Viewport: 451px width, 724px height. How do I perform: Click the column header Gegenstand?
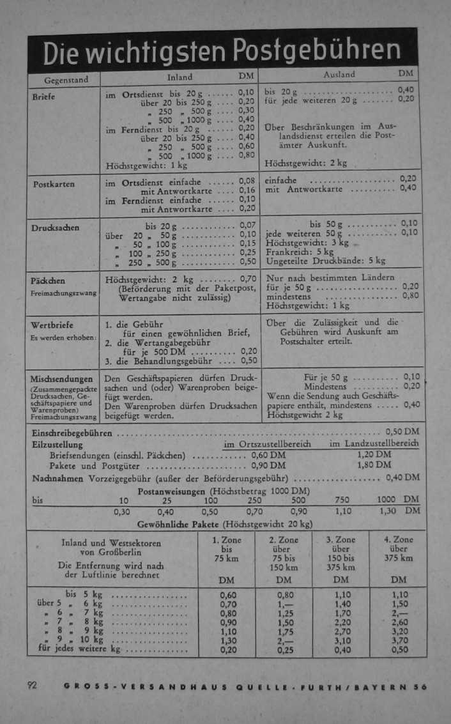(65, 81)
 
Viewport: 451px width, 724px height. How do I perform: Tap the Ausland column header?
(339, 75)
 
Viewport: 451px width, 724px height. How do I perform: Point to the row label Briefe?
(44, 96)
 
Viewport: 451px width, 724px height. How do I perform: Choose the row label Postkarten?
(54, 184)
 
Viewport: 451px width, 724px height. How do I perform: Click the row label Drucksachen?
(56, 227)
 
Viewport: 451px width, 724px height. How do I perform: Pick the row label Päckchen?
(48, 281)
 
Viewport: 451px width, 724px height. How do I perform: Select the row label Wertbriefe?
(52, 325)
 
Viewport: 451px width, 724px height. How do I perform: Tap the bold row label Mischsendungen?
(61, 379)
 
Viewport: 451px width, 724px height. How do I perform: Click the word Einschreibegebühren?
(72, 433)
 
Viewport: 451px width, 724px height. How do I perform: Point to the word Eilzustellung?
(57, 444)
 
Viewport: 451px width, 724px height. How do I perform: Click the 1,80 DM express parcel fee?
(374, 465)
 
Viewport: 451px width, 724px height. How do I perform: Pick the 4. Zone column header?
(399, 539)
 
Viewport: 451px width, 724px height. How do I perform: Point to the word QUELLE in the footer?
(259, 687)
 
